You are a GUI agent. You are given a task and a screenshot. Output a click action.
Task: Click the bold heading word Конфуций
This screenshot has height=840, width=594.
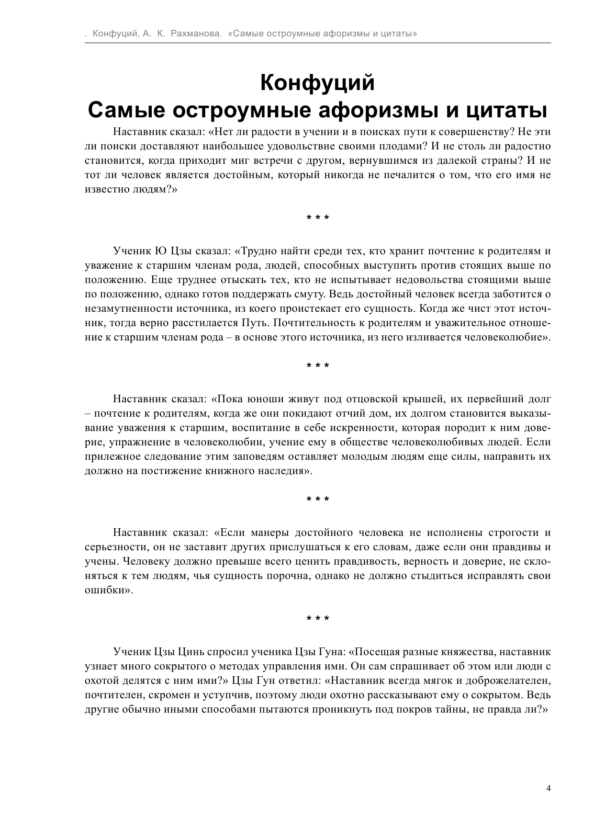point(317,83)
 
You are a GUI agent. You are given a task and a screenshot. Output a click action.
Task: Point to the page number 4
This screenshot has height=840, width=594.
point(548,788)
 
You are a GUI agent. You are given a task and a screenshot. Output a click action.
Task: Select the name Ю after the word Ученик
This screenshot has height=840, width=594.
point(160,251)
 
